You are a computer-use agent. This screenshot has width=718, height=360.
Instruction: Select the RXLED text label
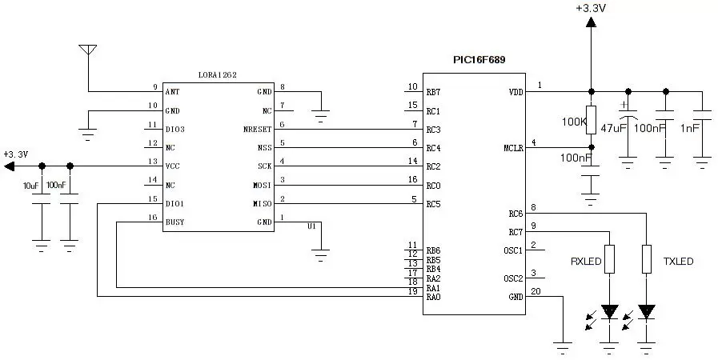586,262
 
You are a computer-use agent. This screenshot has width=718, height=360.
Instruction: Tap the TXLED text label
678,262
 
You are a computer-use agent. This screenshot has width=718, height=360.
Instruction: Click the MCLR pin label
513,148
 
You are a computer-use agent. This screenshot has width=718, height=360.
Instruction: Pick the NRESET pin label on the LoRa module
257,130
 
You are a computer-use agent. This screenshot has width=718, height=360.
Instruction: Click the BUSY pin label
175,222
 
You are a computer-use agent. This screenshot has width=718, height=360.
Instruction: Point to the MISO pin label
261,204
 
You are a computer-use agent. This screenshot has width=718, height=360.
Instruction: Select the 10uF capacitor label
31,186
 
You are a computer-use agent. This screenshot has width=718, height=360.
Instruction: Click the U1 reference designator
311,226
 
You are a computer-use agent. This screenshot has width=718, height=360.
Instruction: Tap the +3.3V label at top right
591,8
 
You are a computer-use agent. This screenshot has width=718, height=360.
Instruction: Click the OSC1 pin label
513,250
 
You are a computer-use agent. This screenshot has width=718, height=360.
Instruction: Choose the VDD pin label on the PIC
515,92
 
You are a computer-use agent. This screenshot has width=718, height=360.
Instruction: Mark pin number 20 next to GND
535,291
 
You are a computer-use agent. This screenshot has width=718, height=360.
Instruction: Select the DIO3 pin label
175,130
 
